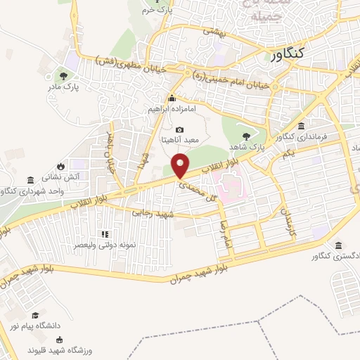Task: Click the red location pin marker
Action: coord(181,166)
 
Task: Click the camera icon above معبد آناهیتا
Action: coord(179,130)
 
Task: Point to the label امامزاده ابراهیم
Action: coord(172,110)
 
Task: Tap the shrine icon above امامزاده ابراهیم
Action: coord(172,99)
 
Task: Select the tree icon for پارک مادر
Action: coord(64,76)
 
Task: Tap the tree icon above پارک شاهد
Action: coord(245,136)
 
